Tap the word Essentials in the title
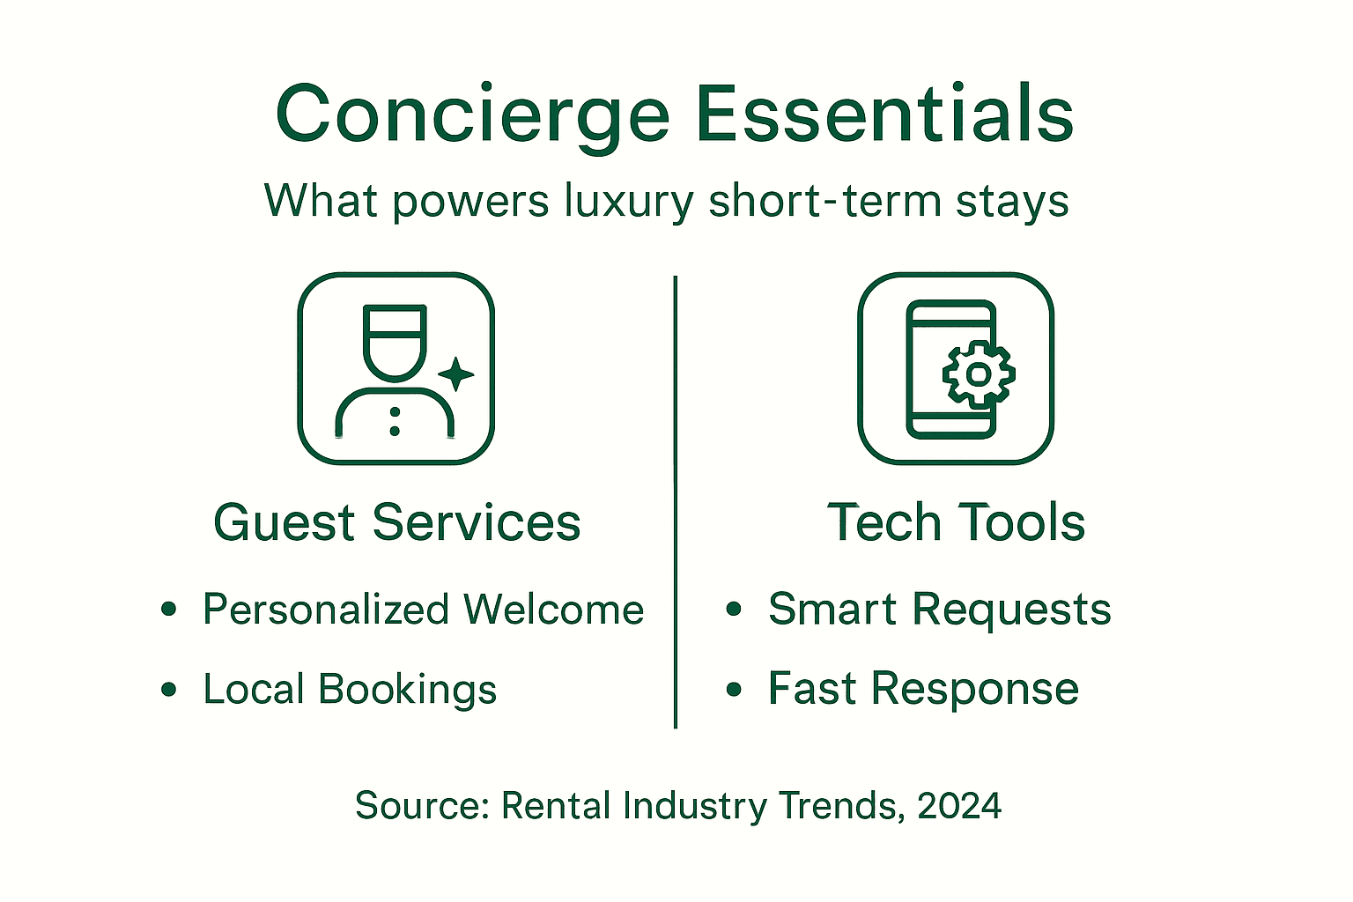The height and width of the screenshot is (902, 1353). [884, 115]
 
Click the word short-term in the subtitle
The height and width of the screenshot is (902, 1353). [824, 201]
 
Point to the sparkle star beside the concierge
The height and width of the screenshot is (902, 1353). [455, 374]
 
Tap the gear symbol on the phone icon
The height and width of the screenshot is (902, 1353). [978, 374]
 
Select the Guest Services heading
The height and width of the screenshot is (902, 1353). [396, 522]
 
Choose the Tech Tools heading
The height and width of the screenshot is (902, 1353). [956, 522]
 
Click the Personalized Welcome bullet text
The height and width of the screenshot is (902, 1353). [423, 610]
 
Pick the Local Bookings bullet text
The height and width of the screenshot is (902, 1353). [350, 689]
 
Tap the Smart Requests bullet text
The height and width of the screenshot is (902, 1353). [939, 610]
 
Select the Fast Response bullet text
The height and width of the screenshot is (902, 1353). [923, 689]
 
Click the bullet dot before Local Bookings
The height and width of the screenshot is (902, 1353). [169, 690]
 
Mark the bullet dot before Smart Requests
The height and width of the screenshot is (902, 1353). [734, 610]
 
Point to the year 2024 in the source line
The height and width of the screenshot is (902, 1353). [959, 806]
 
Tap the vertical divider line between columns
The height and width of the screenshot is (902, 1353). [676, 502]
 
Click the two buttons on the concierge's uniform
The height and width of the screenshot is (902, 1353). [395, 421]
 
